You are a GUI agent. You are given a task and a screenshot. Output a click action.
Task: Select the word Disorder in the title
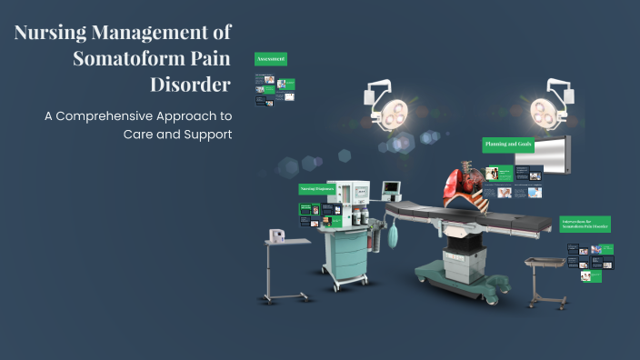point(190,85)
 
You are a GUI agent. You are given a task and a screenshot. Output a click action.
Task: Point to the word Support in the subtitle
point(208,134)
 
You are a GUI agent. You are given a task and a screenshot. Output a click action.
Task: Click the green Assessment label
point(271,59)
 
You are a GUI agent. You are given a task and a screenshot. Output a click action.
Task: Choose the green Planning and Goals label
point(506,145)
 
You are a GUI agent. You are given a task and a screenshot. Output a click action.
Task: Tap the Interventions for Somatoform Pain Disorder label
point(585,224)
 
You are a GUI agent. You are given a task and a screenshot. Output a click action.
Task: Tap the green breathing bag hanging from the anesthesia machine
point(391,237)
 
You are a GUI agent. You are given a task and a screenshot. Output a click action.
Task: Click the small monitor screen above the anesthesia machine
point(391,189)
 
